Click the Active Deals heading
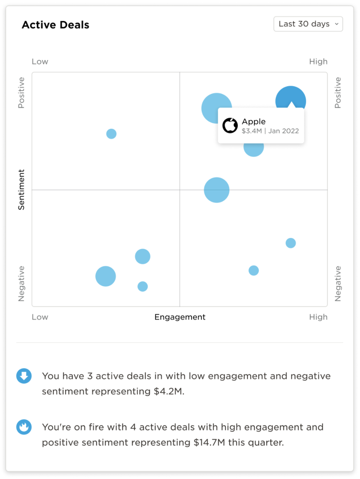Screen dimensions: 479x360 [56, 25]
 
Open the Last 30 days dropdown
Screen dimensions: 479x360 [308, 24]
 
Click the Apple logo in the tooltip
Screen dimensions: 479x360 [230, 125]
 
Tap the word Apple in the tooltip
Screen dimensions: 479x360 [254, 121]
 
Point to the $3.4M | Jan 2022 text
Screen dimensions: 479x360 [270, 131]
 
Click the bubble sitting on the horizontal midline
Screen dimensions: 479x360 [216, 190]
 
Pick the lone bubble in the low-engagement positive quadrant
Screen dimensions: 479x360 [111, 134]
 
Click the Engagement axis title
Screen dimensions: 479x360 [180, 317]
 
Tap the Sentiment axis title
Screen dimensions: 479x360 [21, 189]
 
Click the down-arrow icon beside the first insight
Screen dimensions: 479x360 [24, 376]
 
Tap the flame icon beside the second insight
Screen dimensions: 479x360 [24, 427]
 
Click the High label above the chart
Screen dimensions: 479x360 [318, 62]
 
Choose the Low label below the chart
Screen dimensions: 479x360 [40, 317]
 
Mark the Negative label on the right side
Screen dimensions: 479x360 [338, 284]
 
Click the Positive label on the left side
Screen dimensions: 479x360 [21, 92]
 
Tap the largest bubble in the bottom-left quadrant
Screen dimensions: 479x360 [105, 276]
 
